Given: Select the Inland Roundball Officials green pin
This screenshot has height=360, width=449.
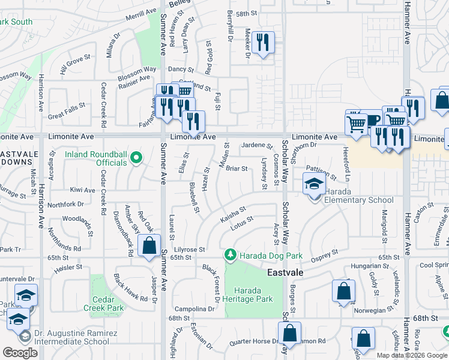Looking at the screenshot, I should point(136,158).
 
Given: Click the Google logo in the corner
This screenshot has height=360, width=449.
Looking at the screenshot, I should point(20,353).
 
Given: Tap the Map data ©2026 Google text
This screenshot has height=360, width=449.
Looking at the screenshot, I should point(411,355).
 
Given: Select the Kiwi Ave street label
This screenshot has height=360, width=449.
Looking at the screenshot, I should point(83,190).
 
